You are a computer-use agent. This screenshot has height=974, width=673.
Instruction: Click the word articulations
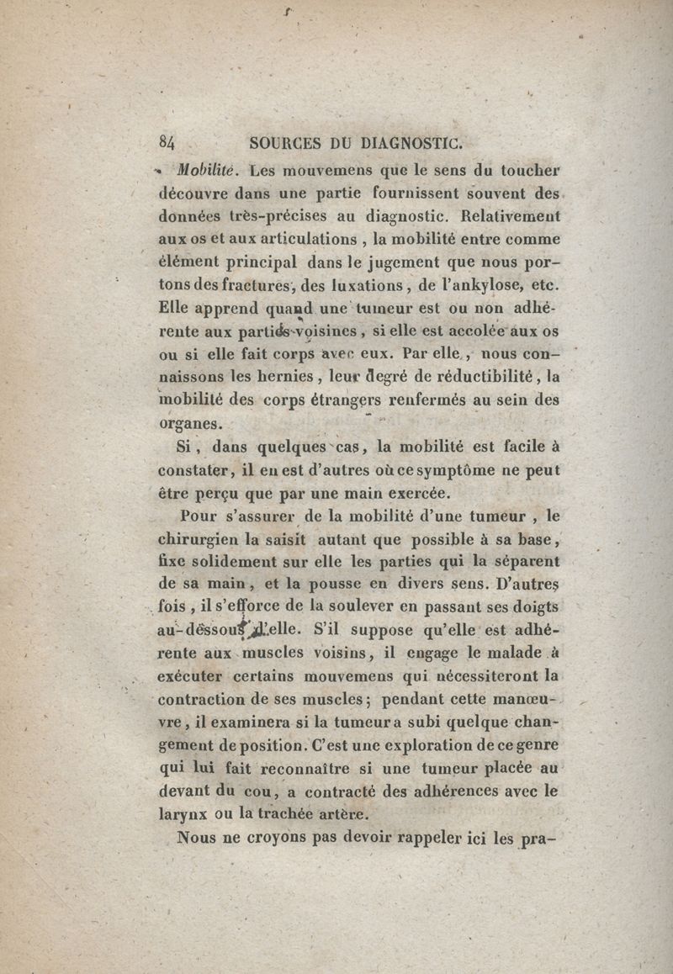tap(273, 241)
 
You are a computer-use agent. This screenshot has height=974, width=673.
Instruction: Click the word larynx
tap(184, 813)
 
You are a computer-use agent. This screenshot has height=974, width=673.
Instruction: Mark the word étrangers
tap(346, 400)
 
